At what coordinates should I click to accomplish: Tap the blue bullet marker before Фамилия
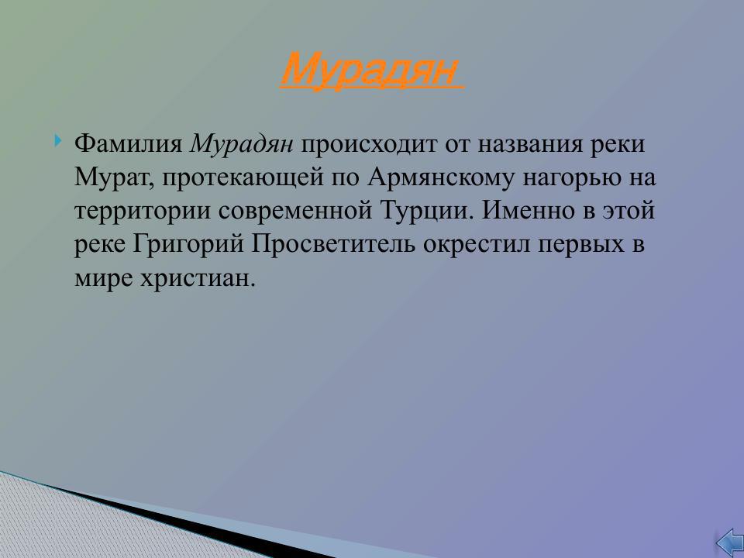(58, 142)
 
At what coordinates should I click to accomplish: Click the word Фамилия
(129, 145)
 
